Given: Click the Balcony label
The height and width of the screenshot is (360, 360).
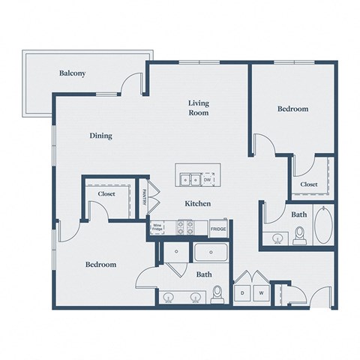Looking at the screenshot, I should [72, 73].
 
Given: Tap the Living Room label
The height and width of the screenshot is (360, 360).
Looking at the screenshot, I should [198, 108].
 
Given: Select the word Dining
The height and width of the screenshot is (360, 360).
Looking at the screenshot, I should [100, 136].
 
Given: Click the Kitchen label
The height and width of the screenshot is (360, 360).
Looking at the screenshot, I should [197, 203].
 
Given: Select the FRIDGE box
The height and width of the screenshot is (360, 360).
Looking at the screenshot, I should [218, 229].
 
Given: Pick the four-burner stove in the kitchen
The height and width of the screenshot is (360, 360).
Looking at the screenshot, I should [184, 227].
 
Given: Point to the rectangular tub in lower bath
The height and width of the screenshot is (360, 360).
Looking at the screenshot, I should [212, 253].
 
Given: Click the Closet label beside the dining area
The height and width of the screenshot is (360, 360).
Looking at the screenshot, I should [106, 194].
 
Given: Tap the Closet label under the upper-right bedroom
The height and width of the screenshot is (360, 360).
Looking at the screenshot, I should [309, 184].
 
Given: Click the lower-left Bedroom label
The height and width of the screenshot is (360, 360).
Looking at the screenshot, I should [100, 265].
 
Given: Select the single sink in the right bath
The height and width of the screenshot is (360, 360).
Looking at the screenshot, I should [278, 240].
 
